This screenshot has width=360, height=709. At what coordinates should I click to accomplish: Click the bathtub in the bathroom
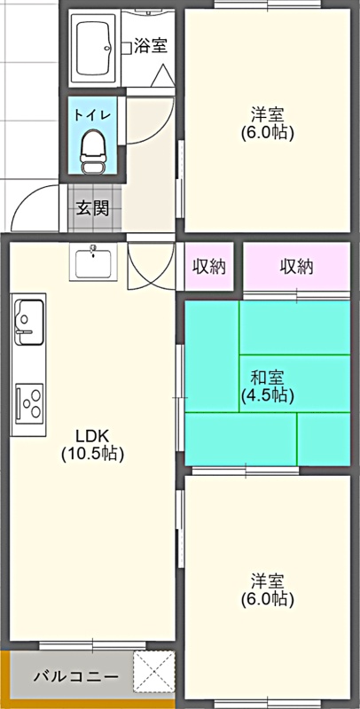[x=94, y=48]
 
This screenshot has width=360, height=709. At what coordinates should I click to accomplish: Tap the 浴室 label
[x=151, y=46]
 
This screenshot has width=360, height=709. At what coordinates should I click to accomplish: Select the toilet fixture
[x=92, y=152]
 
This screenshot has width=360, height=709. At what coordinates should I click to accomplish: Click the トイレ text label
[x=92, y=115]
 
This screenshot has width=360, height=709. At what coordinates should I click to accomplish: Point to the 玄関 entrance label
[x=92, y=208]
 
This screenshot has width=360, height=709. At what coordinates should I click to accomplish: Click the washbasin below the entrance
[x=93, y=262]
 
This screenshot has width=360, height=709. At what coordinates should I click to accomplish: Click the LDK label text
[x=92, y=436]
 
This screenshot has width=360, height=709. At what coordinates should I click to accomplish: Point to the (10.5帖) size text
[x=92, y=453]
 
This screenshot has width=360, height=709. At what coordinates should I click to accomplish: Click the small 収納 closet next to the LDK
[x=209, y=267]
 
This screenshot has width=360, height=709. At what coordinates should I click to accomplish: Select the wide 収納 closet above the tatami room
[x=297, y=267]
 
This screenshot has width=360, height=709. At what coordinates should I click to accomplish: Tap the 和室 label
[x=267, y=378]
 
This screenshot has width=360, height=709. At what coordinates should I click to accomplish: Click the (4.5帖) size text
[x=267, y=395]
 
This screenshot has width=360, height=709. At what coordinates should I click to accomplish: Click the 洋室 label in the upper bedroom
[x=267, y=115]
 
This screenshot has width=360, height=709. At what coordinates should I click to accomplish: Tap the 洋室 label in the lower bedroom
[x=267, y=580]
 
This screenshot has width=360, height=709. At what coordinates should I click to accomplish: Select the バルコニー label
[x=76, y=677]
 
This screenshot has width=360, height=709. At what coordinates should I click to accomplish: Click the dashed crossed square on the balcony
[x=153, y=672]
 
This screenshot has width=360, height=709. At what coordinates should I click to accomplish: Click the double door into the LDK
[x=151, y=266]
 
